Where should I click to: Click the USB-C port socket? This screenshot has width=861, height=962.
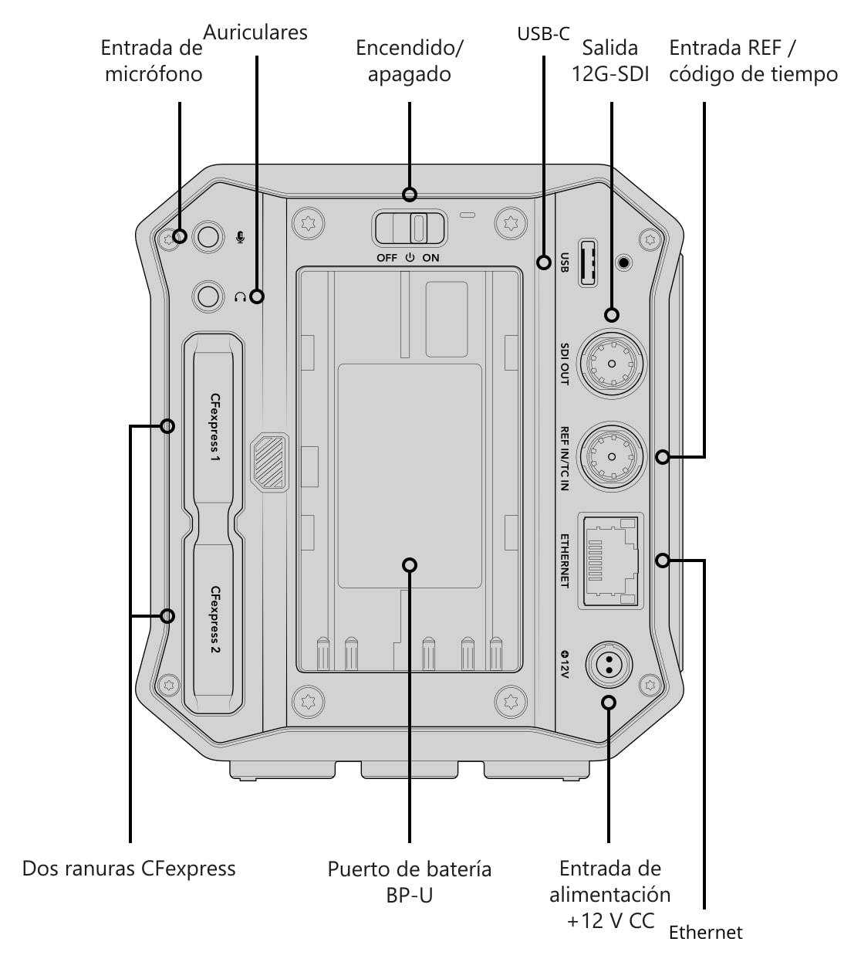[x=588, y=263]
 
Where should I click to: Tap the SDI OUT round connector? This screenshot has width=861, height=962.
[x=611, y=364]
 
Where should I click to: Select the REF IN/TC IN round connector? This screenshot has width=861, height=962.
[x=611, y=456]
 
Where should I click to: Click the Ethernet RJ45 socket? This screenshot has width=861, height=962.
[x=610, y=561]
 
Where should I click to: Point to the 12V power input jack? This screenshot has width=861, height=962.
[x=609, y=665]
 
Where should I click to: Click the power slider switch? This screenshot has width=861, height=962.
[x=410, y=229]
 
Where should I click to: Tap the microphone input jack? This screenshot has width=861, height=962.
[x=208, y=236]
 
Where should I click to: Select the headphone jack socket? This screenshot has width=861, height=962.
[x=208, y=296]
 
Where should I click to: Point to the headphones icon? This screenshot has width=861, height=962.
[x=240, y=297]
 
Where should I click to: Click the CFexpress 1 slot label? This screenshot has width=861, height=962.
[x=215, y=427]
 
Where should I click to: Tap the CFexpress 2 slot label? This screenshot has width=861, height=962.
[x=215, y=619]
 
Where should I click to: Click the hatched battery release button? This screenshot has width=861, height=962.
[x=269, y=462]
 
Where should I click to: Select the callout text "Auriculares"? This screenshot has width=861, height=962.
[x=255, y=32]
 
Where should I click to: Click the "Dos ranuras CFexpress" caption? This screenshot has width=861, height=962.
[x=129, y=869]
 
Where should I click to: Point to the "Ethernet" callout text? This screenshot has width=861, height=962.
[x=705, y=932]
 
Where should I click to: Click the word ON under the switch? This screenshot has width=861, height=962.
[x=430, y=258]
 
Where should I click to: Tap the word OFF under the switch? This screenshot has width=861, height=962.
[x=387, y=258]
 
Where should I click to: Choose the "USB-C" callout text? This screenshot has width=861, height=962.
[x=543, y=34]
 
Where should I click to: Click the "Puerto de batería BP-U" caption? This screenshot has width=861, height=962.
[x=410, y=882]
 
